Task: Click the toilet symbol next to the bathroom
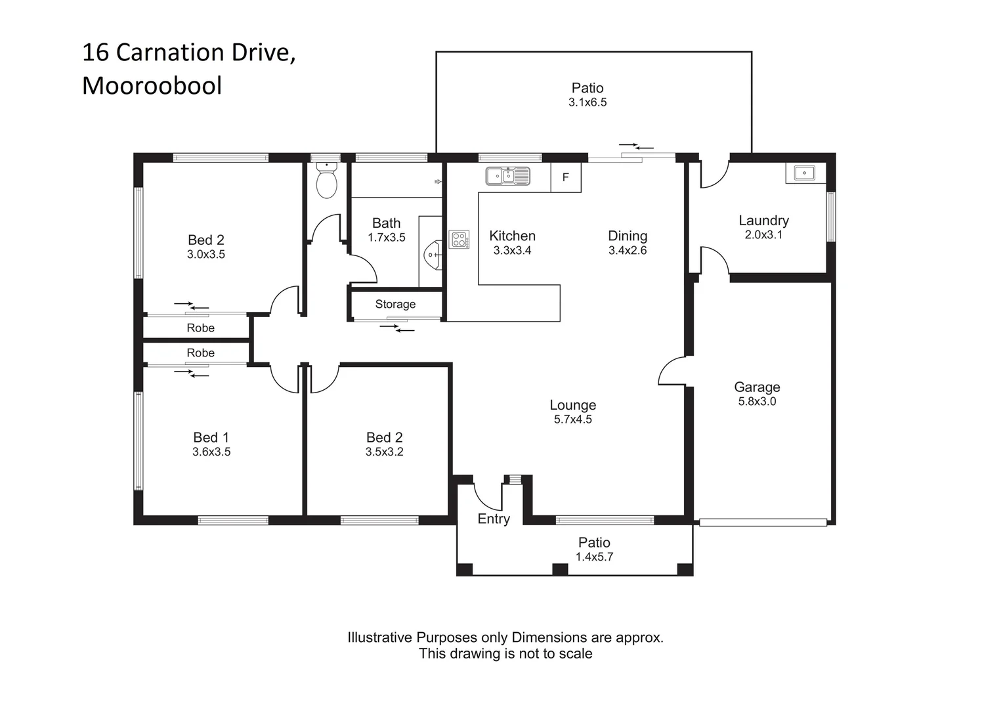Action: click(x=326, y=182)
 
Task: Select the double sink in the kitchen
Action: click(x=507, y=177)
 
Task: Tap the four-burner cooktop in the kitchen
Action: click(x=459, y=240)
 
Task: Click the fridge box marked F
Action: click(x=566, y=178)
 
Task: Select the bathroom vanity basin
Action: click(x=432, y=253)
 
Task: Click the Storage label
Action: click(x=395, y=304)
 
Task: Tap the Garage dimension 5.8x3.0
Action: click(x=757, y=402)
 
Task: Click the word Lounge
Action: click(x=572, y=405)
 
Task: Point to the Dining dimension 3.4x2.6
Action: click(x=628, y=250)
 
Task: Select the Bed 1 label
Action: click(x=211, y=437)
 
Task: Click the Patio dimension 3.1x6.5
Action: click(x=587, y=102)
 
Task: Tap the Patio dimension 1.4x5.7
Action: click(x=594, y=557)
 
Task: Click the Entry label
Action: click(x=494, y=519)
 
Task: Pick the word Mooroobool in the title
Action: click(x=152, y=86)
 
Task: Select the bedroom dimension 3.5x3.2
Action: click(x=384, y=452)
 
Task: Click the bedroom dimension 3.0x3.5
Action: click(x=206, y=254)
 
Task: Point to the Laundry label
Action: click(x=763, y=221)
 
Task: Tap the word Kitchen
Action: click(x=512, y=236)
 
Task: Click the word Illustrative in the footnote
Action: click(x=380, y=637)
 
